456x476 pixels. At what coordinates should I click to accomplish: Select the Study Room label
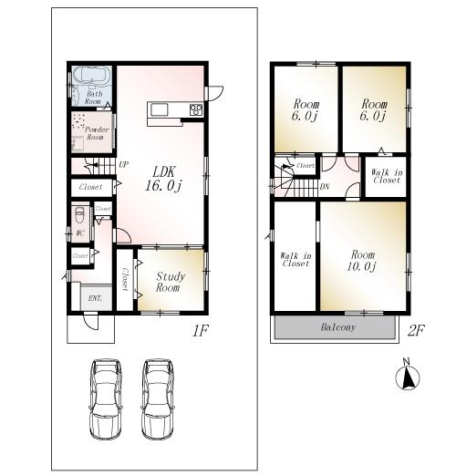tap(171, 281)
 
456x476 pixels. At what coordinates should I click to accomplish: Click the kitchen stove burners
tap(195, 110)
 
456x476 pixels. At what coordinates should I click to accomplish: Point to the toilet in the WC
tap(80, 218)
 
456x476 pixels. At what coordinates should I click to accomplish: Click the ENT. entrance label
tap(95, 298)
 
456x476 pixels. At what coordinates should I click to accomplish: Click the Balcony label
tap(337, 326)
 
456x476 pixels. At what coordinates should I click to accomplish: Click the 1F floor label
tap(201, 329)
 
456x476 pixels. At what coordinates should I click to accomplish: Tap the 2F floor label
tap(416, 329)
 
